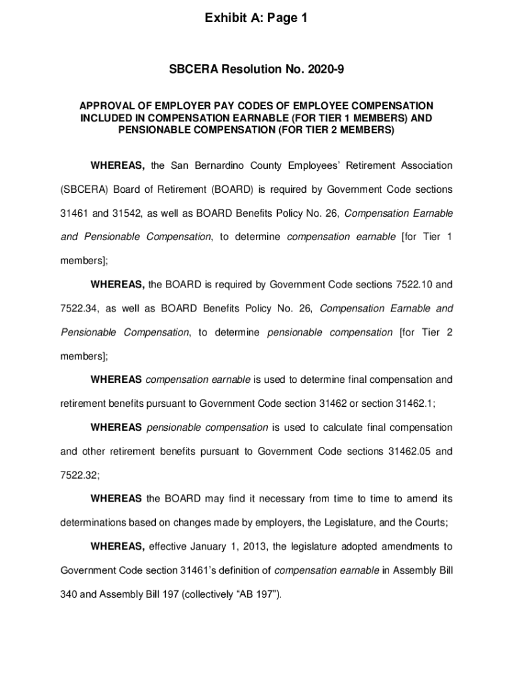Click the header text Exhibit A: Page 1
click(x=256, y=19)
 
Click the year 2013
click(x=253, y=547)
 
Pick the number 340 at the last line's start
click(x=69, y=595)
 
